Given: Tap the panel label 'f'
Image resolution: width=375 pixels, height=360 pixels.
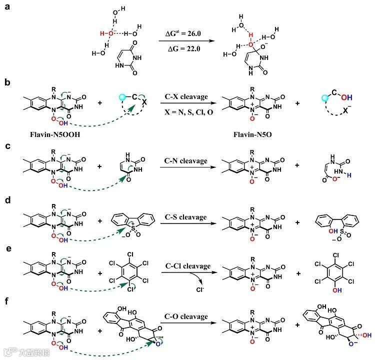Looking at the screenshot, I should (7, 302).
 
